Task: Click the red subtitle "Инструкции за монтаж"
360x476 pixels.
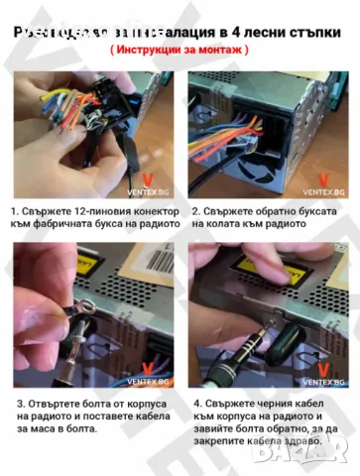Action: click(x=180, y=48)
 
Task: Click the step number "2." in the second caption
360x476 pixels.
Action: click(x=196, y=211)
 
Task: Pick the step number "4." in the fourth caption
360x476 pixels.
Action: click(x=196, y=404)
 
